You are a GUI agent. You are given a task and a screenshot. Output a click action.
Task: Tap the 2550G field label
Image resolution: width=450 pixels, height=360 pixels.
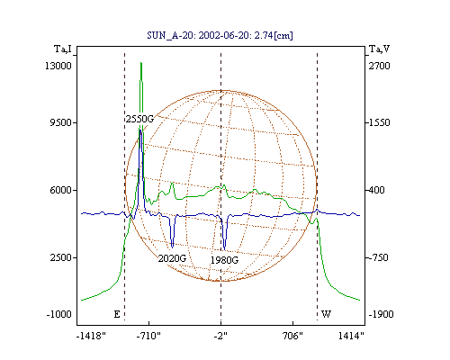[x=139, y=119]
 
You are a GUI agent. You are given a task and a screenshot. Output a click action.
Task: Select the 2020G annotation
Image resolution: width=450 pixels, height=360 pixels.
[x=172, y=258]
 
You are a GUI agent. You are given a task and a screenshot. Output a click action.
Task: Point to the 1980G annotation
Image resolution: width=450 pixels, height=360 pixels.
[x=224, y=260]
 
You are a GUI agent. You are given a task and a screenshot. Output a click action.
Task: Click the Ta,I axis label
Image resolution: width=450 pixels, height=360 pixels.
[x=63, y=49]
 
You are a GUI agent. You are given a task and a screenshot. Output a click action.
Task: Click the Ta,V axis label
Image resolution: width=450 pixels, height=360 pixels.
[x=379, y=49]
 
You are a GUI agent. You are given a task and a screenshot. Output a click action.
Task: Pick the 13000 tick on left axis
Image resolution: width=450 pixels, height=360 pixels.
[x=58, y=66]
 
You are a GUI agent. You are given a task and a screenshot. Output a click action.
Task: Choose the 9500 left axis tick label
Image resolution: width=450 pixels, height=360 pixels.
[x=60, y=122]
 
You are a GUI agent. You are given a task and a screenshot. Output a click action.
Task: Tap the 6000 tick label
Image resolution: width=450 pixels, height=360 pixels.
[x=60, y=190]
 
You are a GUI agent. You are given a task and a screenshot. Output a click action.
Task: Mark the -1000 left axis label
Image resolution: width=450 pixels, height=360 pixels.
[x=58, y=314]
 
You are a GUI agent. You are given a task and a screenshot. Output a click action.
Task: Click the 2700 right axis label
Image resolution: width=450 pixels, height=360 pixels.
[x=380, y=66]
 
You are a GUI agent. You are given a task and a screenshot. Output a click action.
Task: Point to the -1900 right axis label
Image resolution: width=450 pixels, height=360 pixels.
[x=381, y=314]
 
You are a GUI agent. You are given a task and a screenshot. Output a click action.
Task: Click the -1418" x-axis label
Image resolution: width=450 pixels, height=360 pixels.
[x=91, y=336]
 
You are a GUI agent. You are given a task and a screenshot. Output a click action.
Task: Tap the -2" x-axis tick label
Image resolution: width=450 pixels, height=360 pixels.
[x=220, y=336]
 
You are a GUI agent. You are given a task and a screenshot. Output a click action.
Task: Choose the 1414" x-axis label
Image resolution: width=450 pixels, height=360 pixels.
[x=351, y=336]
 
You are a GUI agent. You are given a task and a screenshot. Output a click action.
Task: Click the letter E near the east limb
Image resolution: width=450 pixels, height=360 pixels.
[x=117, y=314]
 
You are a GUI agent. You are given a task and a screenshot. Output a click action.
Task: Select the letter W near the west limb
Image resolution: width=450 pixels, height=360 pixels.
[x=326, y=314]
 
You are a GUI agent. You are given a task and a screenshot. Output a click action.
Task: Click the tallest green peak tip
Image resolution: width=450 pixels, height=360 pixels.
[x=140, y=63]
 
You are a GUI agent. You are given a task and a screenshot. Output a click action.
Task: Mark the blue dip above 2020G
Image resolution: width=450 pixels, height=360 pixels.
[x=172, y=247]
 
